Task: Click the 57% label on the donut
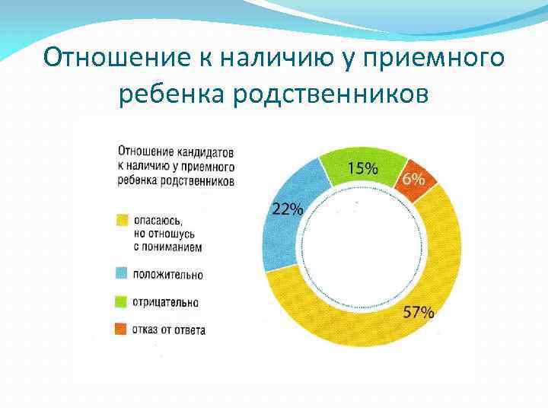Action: [419, 312]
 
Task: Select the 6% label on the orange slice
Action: [414, 180]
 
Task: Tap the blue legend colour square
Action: [122, 273]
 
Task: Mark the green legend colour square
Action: [122, 301]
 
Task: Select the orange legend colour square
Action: [122, 330]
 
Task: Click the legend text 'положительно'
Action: [168, 274]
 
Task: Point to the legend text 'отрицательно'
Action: [166, 302]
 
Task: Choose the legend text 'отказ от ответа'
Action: [169, 330]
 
